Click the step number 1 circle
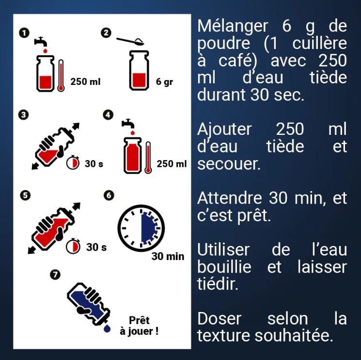click(x=24, y=33)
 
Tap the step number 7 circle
click(x=55, y=275)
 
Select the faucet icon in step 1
click(x=41, y=42)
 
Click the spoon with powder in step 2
click(x=130, y=41)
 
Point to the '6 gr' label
click(x=164, y=82)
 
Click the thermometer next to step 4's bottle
click(x=148, y=157)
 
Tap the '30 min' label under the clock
click(x=168, y=256)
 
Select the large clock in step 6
click(x=141, y=228)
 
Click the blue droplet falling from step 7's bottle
click(x=107, y=328)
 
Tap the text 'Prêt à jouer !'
click(x=139, y=326)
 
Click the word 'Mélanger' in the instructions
click(x=233, y=26)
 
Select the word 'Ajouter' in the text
click(x=224, y=130)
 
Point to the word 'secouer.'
click(x=229, y=164)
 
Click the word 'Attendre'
click(x=230, y=198)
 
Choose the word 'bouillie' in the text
click(x=224, y=267)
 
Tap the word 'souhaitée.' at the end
click(x=294, y=336)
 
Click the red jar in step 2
click(x=139, y=70)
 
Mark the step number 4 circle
click(x=108, y=115)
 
